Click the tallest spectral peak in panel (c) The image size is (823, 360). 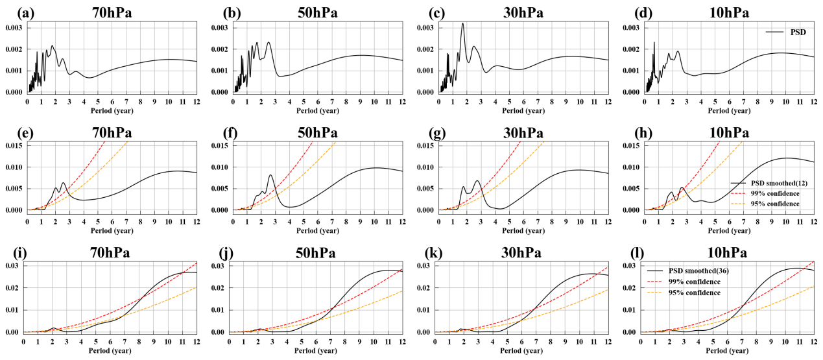[462, 24]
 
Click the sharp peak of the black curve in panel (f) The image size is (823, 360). [270, 175]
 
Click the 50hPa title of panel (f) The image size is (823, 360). [313, 132]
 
